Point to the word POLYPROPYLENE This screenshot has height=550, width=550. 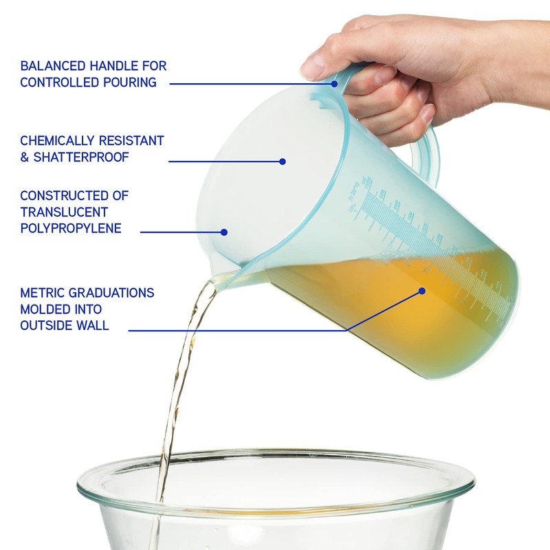[x=71, y=228]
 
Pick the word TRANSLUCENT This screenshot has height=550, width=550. [x=64, y=212]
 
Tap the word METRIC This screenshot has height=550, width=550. [x=42, y=293]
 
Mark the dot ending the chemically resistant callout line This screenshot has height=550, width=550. [x=282, y=162]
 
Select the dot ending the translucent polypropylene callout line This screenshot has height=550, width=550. [x=224, y=232]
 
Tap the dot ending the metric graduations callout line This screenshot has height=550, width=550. [x=422, y=291]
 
